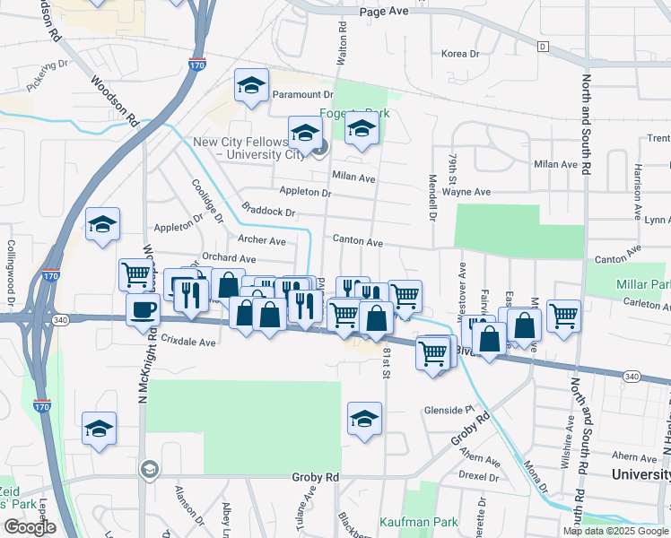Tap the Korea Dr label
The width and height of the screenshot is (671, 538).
pyautogui.click(x=460, y=54)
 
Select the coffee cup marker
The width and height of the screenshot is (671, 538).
pyautogui.click(x=142, y=311)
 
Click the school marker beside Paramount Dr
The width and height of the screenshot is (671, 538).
pyautogui.click(x=251, y=86)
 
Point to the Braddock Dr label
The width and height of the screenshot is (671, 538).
pyautogui.click(x=268, y=213)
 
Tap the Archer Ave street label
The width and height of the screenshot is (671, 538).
pyautogui.click(x=262, y=240)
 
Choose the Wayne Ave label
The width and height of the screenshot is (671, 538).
pyautogui.click(x=470, y=192)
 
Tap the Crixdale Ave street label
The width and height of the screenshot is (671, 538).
pyautogui.click(x=189, y=342)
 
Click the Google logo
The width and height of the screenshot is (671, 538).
pyautogui.click(x=30, y=527)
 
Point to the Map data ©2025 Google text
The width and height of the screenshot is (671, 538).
pyautogui.click(x=615, y=531)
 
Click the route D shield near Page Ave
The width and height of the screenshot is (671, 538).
pyautogui.click(x=543, y=46)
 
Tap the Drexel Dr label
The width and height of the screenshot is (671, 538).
pyautogui.click(x=477, y=475)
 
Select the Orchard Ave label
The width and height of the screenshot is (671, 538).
pyautogui.click(x=230, y=257)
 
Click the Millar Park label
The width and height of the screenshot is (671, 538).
pyautogui.click(x=642, y=284)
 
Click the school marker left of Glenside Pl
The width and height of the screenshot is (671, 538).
pyautogui.click(x=364, y=420)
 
